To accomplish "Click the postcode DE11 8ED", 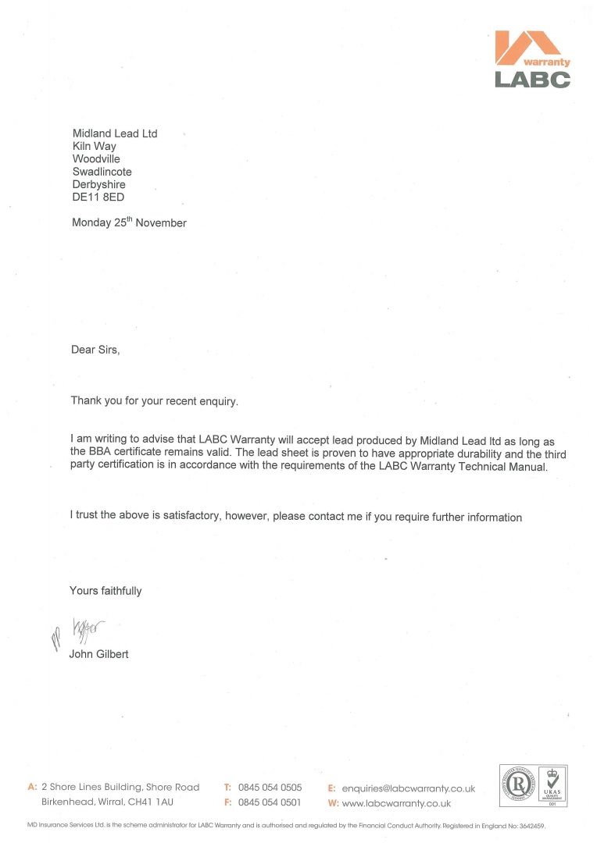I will point(98,197).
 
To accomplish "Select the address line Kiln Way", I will point(95,146).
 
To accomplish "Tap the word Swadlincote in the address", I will point(102,172).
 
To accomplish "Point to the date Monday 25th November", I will point(129,222).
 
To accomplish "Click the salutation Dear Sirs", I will point(95,350).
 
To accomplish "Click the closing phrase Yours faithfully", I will point(105,591).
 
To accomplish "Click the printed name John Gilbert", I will point(98,654).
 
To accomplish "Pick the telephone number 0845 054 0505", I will point(270,788).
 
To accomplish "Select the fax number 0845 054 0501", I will point(270,802).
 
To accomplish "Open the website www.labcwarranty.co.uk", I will point(396,803).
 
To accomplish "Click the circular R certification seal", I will point(518,784).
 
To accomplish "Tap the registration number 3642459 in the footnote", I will point(528,825).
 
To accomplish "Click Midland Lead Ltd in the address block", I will point(115,133).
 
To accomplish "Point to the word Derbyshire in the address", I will point(98,184).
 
